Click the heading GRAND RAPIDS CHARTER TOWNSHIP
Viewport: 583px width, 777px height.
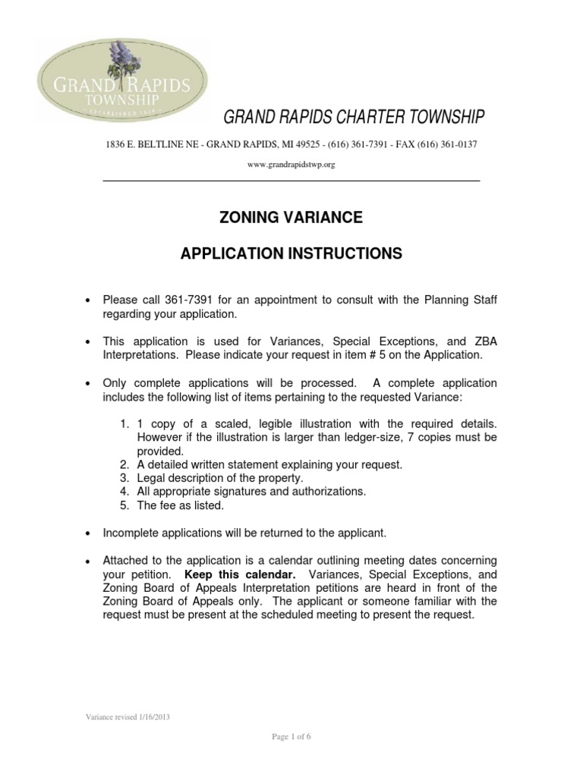pyautogui.click(x=352, y=118)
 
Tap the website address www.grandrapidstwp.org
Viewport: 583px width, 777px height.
pyautogui.click(x=291, y=165)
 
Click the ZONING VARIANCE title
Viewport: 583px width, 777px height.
pyautogui.click(x=291, y=219)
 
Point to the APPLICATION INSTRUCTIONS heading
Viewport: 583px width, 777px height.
pyautogui.click(x=291, y=253)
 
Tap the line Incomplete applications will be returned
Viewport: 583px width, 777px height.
pyautogui.click(x=251, y=533)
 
